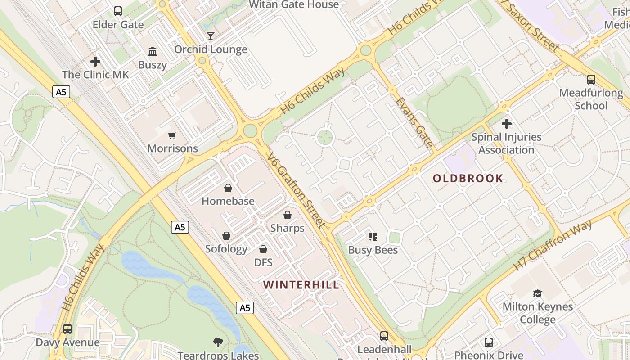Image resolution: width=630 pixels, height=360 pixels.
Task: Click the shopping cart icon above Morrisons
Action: pos(172,135)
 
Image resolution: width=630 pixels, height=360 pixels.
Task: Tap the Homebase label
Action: pos(228,201)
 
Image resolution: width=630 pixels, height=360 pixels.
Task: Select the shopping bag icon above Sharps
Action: pos(287,216)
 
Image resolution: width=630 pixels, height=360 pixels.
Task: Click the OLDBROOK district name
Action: pos(468,178)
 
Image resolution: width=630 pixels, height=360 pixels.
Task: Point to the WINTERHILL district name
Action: pos(301,285)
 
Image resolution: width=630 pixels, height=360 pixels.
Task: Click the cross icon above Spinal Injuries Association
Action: pos(507,123)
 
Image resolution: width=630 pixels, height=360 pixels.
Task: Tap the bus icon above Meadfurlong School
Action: pos(591,80)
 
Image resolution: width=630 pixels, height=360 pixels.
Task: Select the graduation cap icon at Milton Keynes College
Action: pos(537,294)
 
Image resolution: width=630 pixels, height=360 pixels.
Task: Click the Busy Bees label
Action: pos(373,250)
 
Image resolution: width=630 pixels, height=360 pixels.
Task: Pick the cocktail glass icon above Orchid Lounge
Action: pos(211,36)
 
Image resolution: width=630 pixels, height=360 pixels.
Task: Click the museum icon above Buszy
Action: pos(153,52)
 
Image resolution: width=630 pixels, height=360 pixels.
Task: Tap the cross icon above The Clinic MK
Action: pos(95,61)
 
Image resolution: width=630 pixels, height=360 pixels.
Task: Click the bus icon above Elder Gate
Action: pos(118,11)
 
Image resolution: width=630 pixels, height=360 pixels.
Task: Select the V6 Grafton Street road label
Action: pos(296,190)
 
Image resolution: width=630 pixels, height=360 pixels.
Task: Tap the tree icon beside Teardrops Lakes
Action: pos(218,342)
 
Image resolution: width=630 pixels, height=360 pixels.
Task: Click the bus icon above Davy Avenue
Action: pos(67,329)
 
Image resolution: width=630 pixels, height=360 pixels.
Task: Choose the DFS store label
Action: pos(264,262)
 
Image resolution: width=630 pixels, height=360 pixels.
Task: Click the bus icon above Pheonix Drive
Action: pos(489,342)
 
